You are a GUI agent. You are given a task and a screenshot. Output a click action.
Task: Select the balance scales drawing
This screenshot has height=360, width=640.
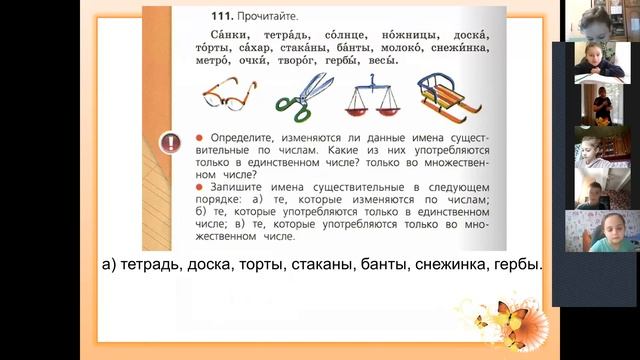coord(369,96)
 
